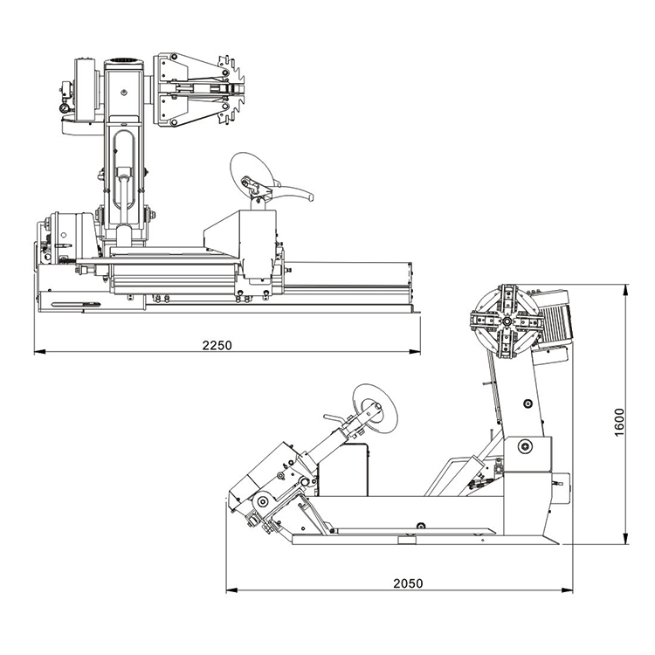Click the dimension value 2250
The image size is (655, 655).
point(217,346)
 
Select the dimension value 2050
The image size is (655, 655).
point(408,583)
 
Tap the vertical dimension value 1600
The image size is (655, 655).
point(619,423)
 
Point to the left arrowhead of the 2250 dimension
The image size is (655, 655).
point(39,352)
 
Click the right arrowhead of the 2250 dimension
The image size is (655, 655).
point(415,352)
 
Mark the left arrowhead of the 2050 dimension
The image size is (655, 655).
point(231,590)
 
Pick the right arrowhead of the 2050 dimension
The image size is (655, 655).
point(568,590)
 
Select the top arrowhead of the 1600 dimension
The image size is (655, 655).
point(625,291)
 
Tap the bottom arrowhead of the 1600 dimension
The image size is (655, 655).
point(625,539)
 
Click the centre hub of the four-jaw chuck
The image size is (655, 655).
point(507,321)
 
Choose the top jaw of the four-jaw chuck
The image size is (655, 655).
point(508,299)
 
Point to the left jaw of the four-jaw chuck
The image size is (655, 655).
point(485,321)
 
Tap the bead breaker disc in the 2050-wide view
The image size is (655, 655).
point(375,407)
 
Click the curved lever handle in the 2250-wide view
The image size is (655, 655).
point(293,193)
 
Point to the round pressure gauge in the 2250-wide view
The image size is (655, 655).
point(65,108)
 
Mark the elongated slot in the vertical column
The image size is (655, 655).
point(124,169)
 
